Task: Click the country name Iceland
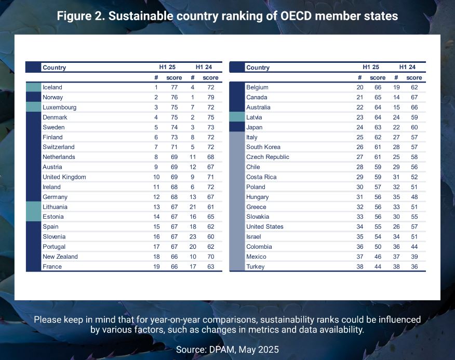click(52, 87)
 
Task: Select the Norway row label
click(52, 97)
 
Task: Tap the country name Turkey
click(255, 266)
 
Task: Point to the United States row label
click(265, 226)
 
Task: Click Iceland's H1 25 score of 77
click(175, 87)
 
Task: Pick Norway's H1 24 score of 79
click(210, 97)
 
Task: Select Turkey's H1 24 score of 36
click(414, 266)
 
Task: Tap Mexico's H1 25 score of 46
click(378, 257)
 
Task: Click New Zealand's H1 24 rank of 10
click(192, 257)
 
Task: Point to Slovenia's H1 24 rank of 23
click(192, 236)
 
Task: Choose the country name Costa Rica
click(261, 177)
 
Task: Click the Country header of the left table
click(54, 68)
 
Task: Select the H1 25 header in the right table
click(371, 67)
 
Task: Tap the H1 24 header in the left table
click(204, 67)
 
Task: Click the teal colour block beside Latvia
click(237, 117)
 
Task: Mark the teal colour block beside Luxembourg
click(33, 108)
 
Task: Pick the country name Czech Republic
click(267, 157)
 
